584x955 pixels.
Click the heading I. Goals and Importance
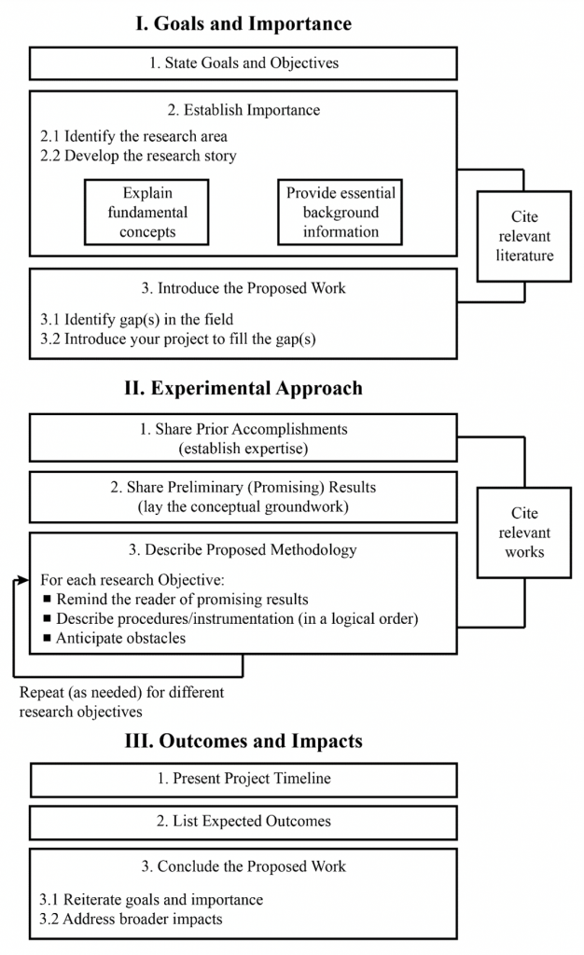[x=243, y=22]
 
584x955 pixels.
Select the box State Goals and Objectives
[x=243, y=63]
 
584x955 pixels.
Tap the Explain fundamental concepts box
[x=146, y=213]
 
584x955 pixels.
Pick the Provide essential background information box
[x=341, y=213]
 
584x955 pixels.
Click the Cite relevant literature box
[x=524, y=236]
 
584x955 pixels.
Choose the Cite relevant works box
[x=524, y=533]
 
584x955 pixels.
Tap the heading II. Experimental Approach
[x=243, y=388]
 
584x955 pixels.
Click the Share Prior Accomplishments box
[x=243, y=438]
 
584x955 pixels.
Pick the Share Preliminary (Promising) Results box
[x=243, y=496]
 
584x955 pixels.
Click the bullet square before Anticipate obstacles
[x=46, y=639]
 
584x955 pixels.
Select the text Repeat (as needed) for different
[x=121, y=693]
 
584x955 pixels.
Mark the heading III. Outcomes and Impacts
[x=243, y=741]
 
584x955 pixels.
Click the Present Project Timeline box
[x=243, y=780]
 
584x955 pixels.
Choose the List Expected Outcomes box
[x=243, y=822]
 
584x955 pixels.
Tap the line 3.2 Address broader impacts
[x=131, y=919]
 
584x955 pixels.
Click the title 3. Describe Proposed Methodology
[x=243, y=549]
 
